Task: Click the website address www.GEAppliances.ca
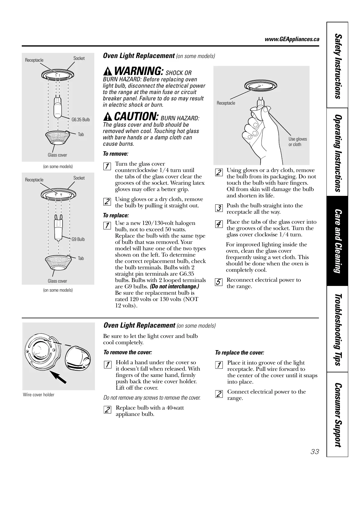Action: point(292,39)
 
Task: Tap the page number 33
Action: point(315,452)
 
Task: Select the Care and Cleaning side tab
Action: point(337,241)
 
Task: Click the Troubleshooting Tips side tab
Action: point(337,329)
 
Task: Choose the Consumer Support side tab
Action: point(337,415)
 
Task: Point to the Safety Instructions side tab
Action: point(337,66)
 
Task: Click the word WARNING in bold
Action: point(139,72)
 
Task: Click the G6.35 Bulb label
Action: point(80,120)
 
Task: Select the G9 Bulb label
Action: point(78,239)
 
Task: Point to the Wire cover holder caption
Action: point(39,395)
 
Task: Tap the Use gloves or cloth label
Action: point(297,142)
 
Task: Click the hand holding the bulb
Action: point(257,127)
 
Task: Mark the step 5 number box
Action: point(219,282)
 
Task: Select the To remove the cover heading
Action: point(128,352)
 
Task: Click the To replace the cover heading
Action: point(239,353)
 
